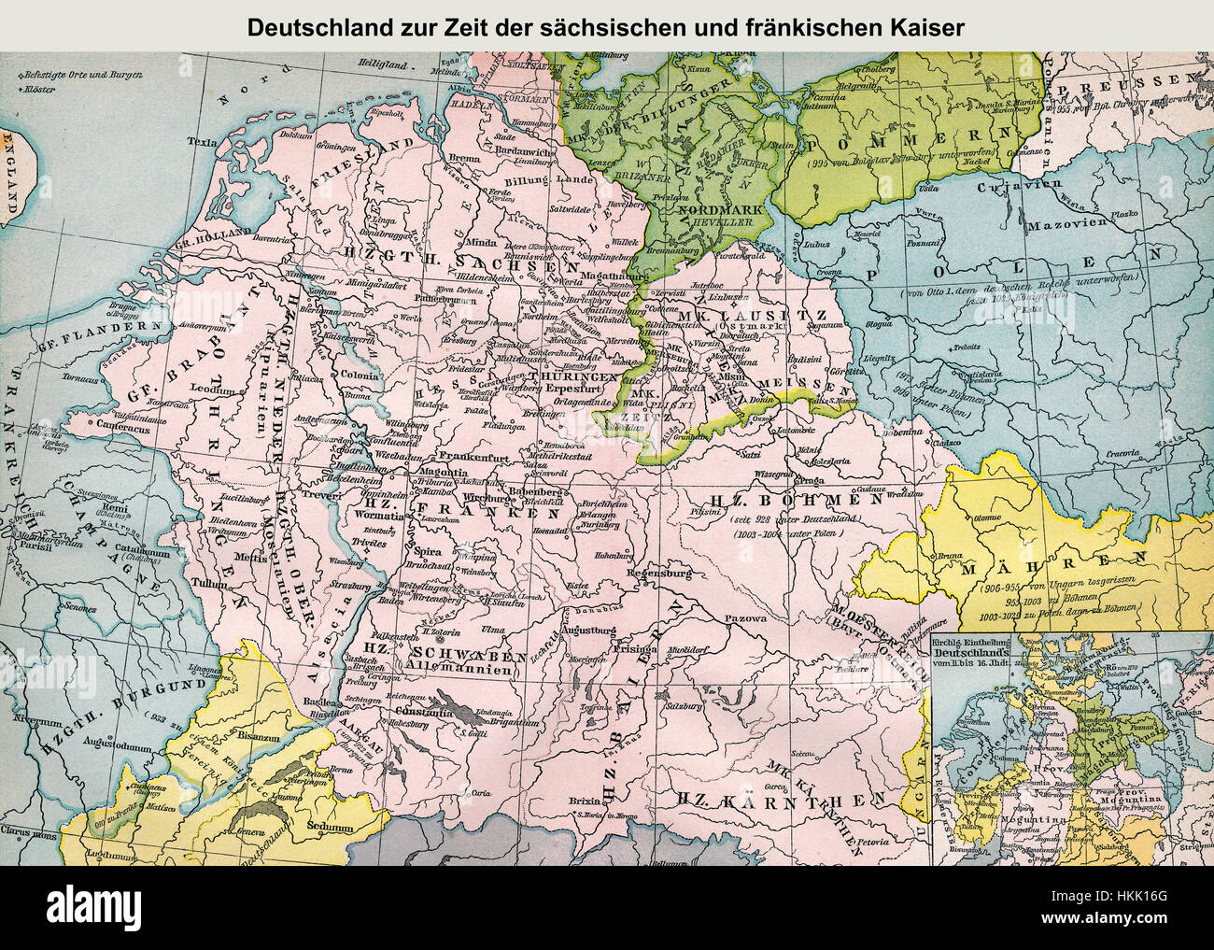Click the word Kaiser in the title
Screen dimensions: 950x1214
pyautogui.click(x=926, y=28)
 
